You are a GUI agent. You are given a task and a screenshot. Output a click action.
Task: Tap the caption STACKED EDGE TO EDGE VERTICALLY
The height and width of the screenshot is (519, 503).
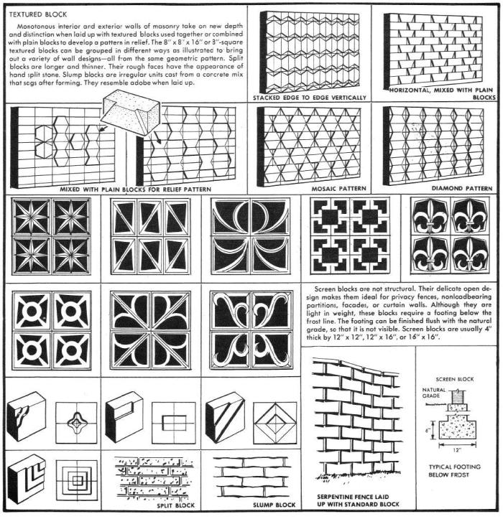coord(309,98)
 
